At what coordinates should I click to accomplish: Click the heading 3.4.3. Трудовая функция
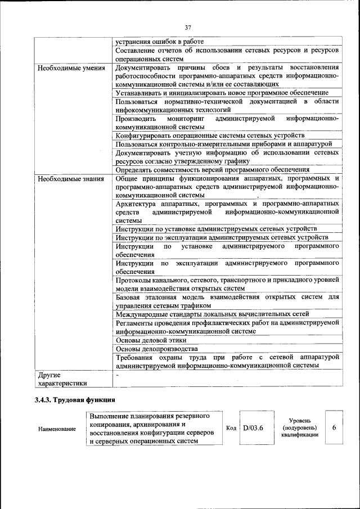pos(74,399)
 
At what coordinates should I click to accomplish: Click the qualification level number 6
pos(334,428)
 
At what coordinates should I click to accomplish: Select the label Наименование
pos(57,429)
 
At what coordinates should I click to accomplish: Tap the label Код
pos(231,428)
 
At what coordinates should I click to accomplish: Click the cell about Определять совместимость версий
pos(213,169)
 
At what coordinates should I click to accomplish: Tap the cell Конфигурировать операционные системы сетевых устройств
pos(210,136)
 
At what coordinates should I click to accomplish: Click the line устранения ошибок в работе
pos(160,42)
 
